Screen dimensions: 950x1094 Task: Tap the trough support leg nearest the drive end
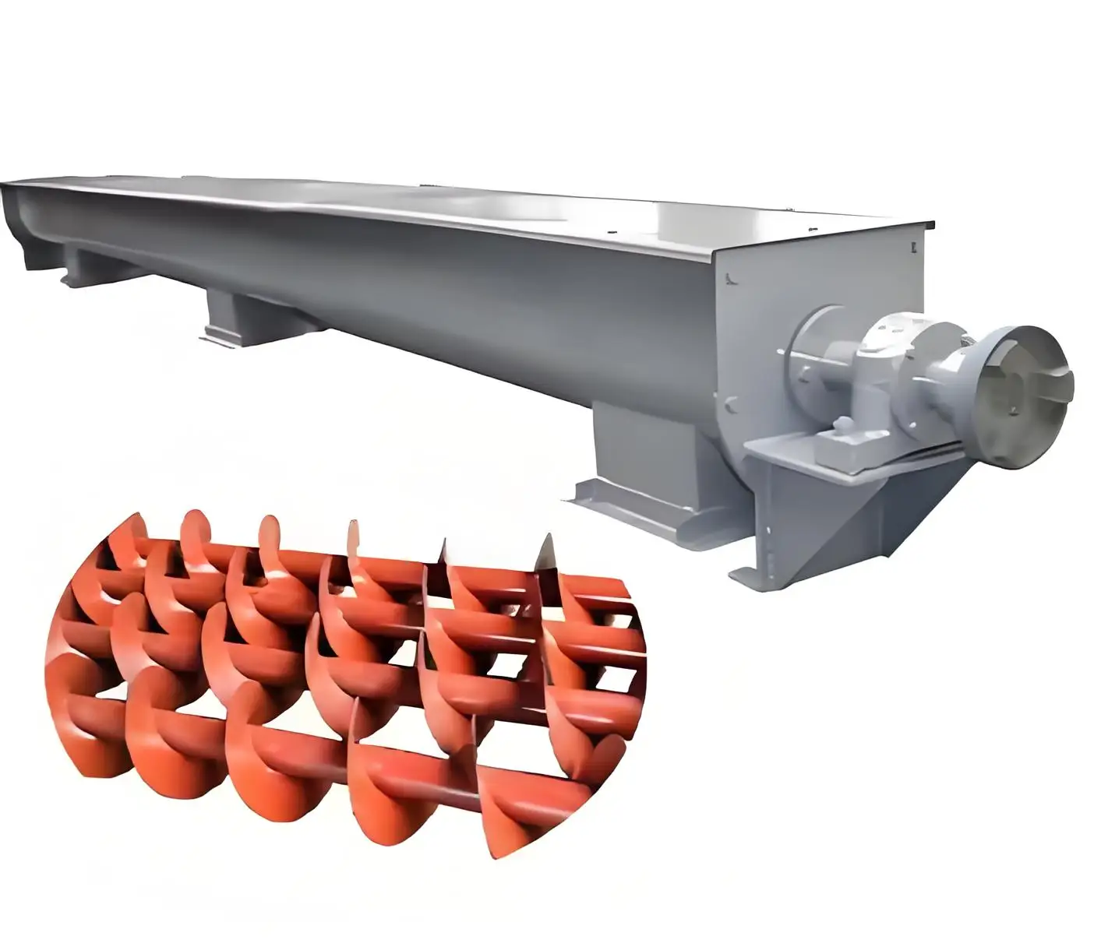(x=627, y=452)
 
